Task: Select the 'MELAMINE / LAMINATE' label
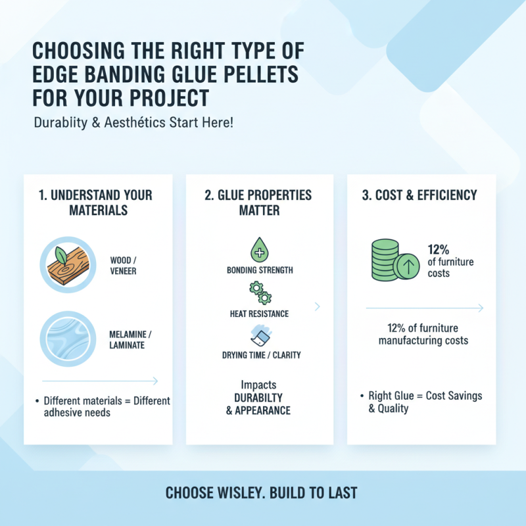pos(128,339)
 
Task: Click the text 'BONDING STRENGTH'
pos(260,270)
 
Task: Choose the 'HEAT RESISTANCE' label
pos(259,314)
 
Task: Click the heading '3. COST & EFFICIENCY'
pos(422,195)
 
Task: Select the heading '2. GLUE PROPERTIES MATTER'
pos(259,203)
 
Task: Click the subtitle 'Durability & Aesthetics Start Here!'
pos(133,123)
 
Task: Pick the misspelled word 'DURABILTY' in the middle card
pos(258,398)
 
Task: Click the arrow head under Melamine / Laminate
pos(155,381)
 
